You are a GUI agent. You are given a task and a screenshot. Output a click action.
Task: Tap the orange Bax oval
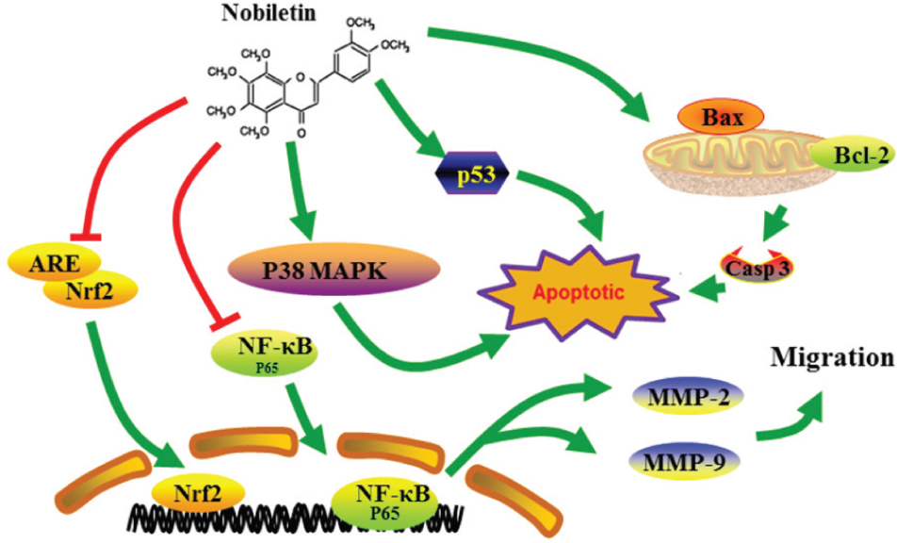click(709, 119)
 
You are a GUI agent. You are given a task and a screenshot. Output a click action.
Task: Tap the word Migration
click(832, 358)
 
